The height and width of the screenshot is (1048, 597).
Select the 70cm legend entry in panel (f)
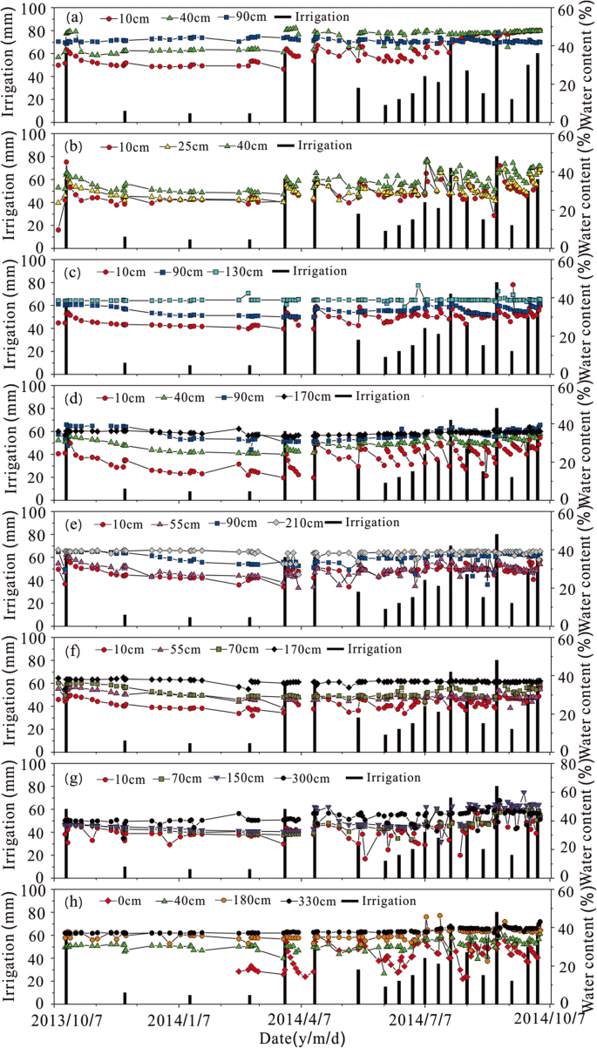[247, 649]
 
